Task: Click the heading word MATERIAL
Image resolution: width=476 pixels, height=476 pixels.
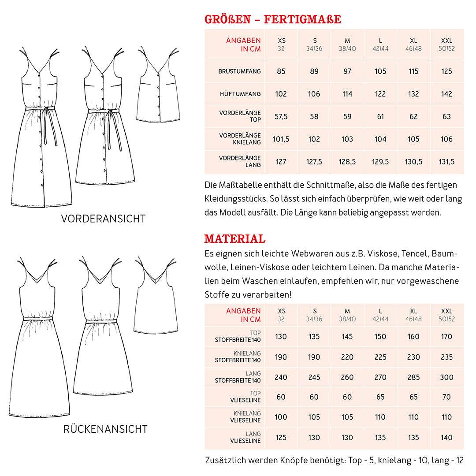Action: pyautogui.click(x=234, y=239)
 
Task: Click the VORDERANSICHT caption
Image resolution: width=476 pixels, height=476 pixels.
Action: pyautogui.click(x=103, y=219)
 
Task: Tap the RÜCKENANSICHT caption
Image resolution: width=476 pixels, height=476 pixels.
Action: pyautogui.click(x=105, y=429)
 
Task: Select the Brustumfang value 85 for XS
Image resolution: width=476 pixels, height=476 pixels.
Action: pyautogui.click(x=281, y=71)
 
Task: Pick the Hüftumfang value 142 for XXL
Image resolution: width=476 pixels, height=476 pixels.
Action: pyautogui.click(x=446, y=94)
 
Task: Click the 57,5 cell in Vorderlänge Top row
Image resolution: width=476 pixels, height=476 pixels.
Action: pyautogui.click(x=281, y=117)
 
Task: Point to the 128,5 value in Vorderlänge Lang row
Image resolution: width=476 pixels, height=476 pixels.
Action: pyautogui.click(x=347, y=162)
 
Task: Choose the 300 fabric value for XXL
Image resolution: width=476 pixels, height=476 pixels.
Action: pyautogui.click(x=446, y=377)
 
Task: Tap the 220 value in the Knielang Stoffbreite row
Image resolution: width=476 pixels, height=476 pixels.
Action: pyautogui.click(x=347, y=357)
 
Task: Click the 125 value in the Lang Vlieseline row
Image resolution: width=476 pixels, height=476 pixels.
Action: pyautogui.click(x=281, y=438)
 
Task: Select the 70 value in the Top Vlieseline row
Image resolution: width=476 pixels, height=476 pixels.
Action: pyautogui.click(x=446, y=397)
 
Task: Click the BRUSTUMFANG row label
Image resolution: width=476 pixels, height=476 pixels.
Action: pyautogui.click(x=239, y=71)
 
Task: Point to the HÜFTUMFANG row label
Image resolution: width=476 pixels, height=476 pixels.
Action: pyautogui.click(x=240, y=94)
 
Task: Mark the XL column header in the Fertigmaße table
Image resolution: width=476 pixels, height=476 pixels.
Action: pyautogui.click(x=413, y=41)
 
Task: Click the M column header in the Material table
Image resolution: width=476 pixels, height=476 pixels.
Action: pyautogui.click(x=347, y=312)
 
